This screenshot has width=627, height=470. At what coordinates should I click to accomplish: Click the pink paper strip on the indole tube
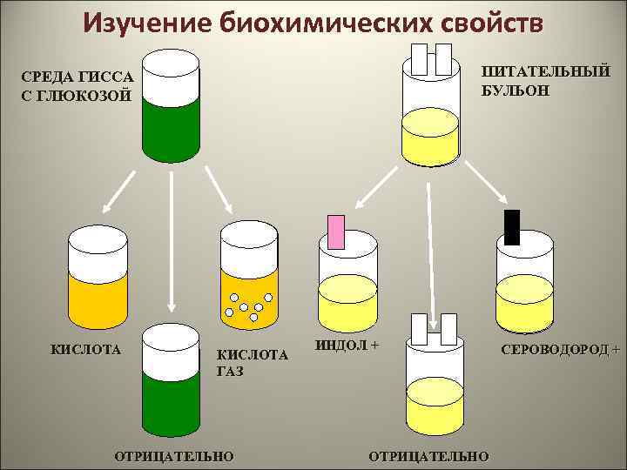pyautogui.click(x=336, y=231)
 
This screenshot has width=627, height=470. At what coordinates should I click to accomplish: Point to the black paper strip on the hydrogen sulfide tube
pyautogui.click(x=512, y=227)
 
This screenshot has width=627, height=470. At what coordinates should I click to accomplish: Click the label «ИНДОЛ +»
pyautogui.click(x=347, y=345)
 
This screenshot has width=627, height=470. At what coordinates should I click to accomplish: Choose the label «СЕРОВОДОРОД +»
pyautogui.click(x=560, y=350)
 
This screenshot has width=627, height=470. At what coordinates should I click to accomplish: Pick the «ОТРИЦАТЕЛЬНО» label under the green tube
pyautogui.click(x=174, y=455)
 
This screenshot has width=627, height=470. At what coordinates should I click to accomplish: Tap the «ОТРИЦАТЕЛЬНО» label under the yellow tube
pyautogui.click(x=429, y=455)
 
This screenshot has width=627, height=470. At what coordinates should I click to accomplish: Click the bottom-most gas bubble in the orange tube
pyautogui.click(x=253, y=318)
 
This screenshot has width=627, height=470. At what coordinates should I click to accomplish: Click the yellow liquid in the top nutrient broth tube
pyautogui.click(x=429, y=138)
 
